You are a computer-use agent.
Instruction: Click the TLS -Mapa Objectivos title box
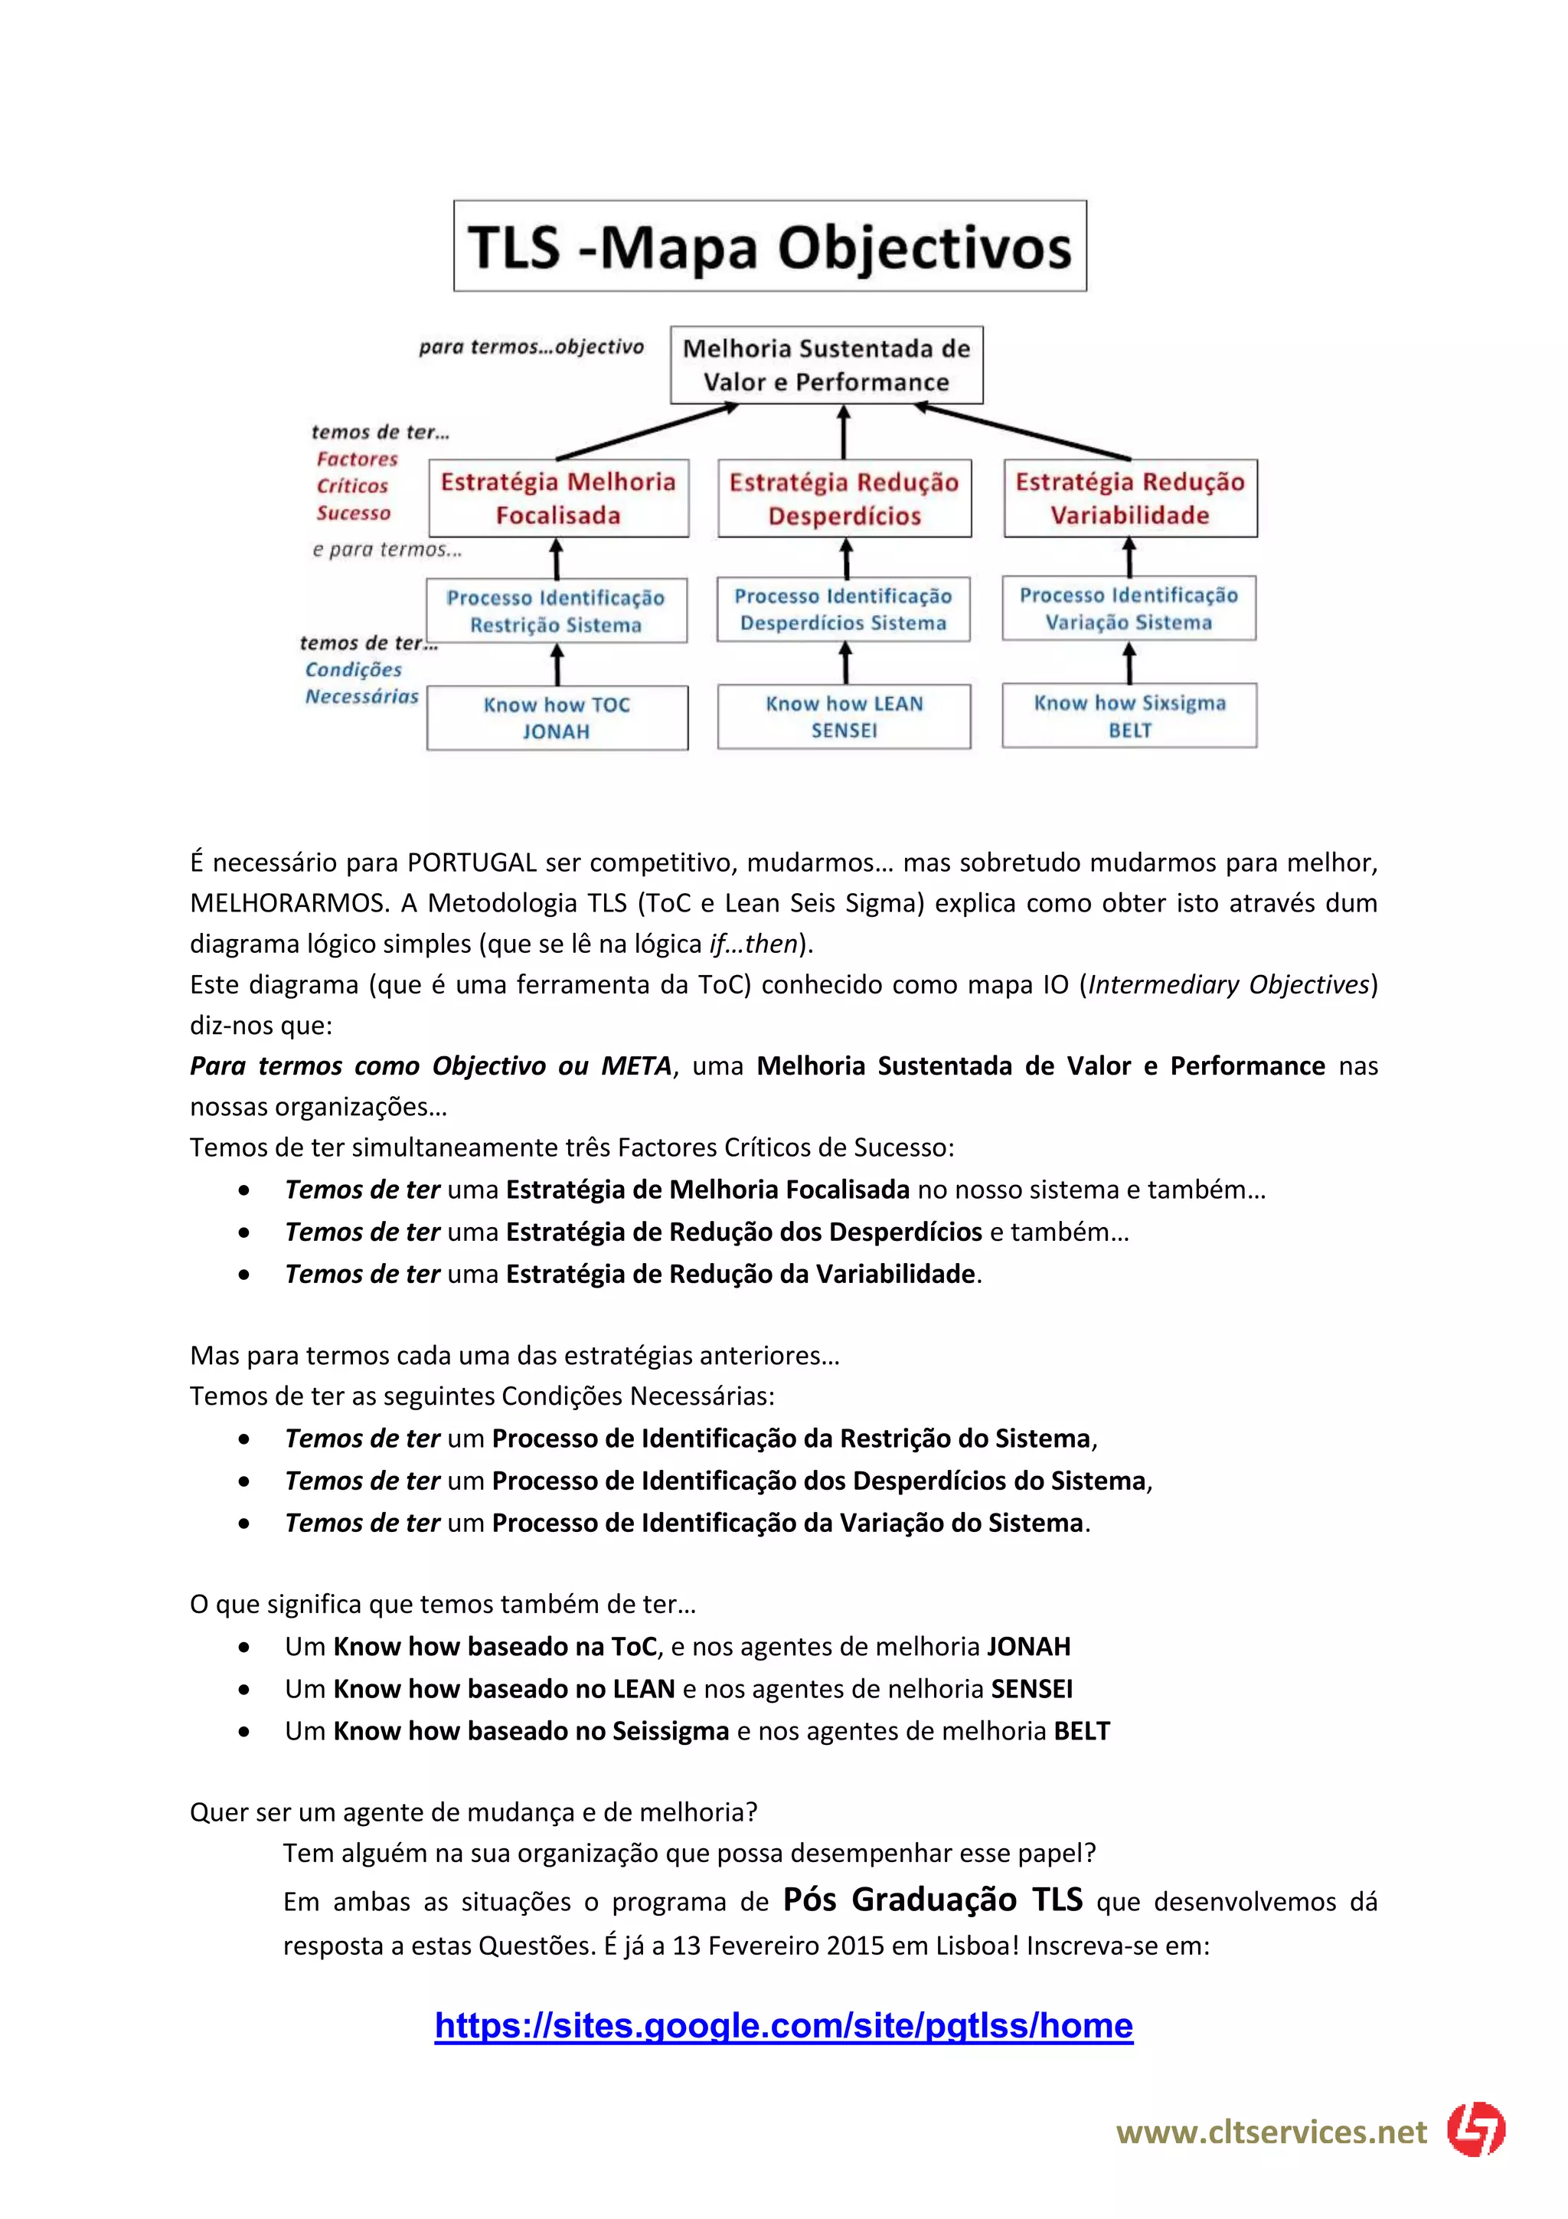tap(770, 247)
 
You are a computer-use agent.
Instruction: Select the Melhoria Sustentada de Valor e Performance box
tap(826, 365)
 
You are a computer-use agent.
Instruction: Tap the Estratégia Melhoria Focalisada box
tap(558, 498)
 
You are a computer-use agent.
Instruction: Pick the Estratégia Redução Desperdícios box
tap(844, 499)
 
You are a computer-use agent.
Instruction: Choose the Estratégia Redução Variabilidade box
tap(1130, 498)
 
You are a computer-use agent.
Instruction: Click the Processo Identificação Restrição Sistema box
tap(557, 610)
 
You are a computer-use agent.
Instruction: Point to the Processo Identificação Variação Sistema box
tap(1129, 609)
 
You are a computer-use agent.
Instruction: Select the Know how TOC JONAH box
tap(557, 717)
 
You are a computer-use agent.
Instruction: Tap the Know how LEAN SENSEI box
tap(844, 716)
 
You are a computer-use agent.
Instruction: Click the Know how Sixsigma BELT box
tap(1129, 715)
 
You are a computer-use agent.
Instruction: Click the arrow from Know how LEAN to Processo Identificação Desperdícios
tap(845, 664)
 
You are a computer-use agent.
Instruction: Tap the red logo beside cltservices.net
tap(1476, 2129)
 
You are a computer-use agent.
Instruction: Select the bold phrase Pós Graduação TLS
tap(933, 1899)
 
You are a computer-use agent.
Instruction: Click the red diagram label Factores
tap(358, 459)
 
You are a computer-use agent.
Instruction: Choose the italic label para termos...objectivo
tap(531, 347)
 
